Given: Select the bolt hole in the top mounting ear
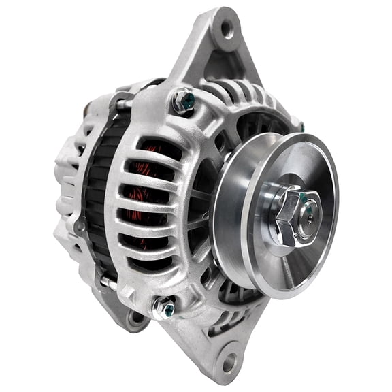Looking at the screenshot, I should [226, 28].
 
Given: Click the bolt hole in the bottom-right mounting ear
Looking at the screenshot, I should [229, 362].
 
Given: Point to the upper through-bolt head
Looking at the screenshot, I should [184, 100].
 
